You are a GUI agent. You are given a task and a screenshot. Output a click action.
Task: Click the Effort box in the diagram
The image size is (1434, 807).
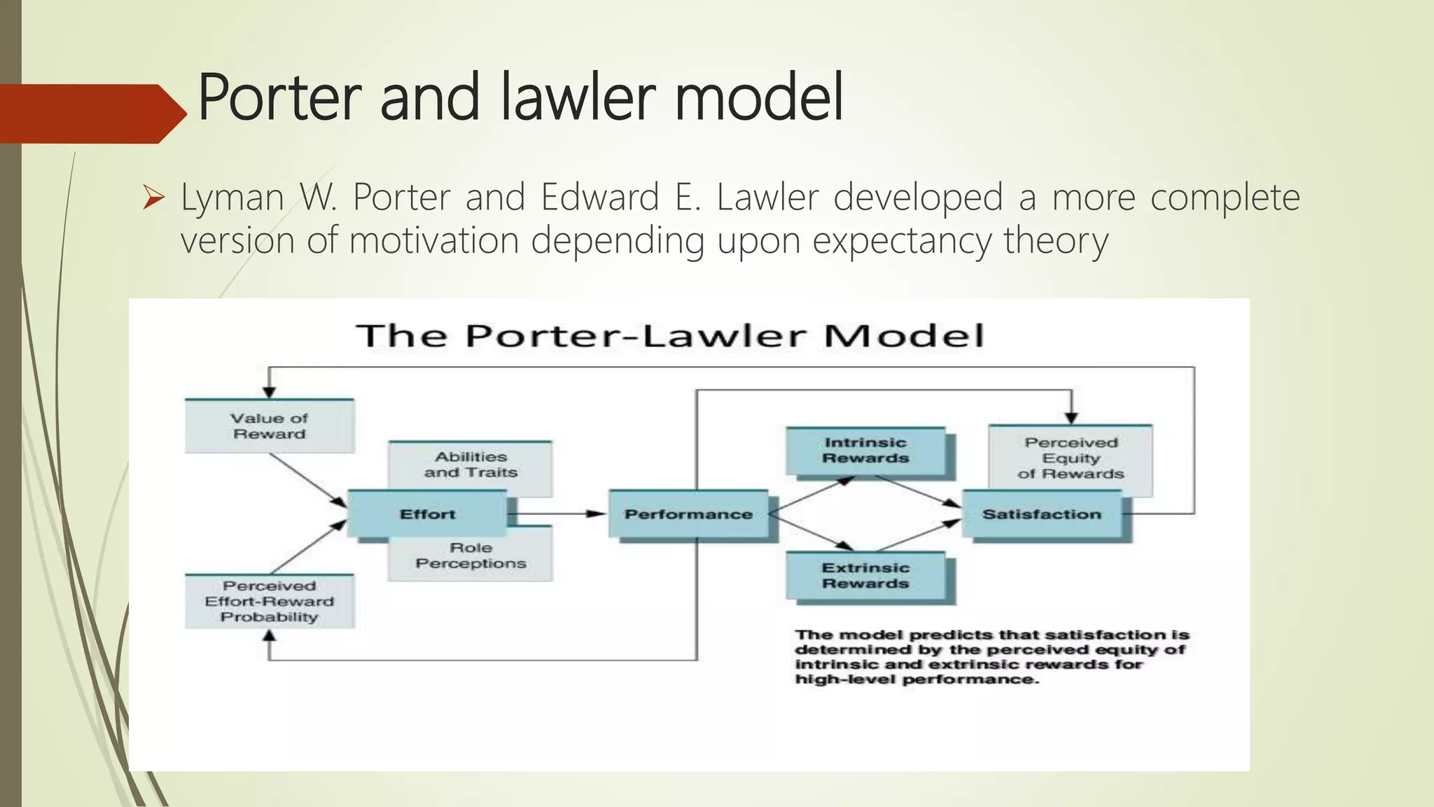click(x=427, y=514)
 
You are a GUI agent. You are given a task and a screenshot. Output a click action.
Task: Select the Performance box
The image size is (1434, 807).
click(x=688, y=514)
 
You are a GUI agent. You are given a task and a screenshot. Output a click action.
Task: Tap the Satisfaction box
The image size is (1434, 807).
click(x=1041, y=514)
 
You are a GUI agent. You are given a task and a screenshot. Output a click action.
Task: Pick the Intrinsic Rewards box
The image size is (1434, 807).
click(x=865, y=450)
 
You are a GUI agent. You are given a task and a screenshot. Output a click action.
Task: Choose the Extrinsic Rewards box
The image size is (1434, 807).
click(x=865, y=576)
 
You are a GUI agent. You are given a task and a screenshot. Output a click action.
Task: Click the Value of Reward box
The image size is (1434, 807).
click(x=270, y=426)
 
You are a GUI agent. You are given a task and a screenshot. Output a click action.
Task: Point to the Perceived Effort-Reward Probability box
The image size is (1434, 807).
click(x=270, y=601)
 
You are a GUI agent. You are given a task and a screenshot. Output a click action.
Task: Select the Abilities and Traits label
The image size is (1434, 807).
click(x=471, y=464)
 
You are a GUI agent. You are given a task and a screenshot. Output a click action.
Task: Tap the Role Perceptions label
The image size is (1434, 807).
click(x=471, y=556)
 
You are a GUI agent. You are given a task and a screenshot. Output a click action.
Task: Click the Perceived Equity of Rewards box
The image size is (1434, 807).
click(x=1071, y=458)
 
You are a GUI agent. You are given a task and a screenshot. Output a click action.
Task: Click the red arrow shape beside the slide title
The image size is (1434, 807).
click(x=91, y=113)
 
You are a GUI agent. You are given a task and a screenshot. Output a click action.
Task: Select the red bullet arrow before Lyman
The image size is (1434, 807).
click(x=153, y=198)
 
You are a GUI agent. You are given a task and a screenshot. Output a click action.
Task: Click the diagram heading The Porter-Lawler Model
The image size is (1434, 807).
click(x=670, y=336)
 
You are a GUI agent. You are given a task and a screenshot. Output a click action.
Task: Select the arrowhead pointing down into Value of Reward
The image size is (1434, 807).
click(x=270, y=392)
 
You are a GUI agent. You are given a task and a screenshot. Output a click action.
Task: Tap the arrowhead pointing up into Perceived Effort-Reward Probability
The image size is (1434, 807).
click(x=270, y=636)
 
